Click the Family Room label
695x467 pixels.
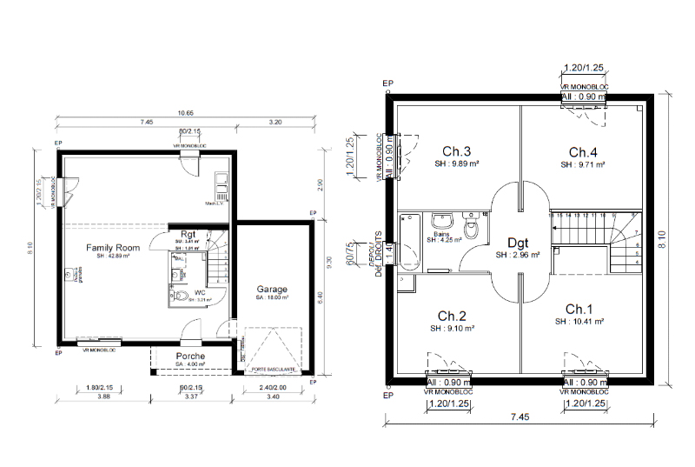point(112,248)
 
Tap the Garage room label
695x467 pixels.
point(272,289)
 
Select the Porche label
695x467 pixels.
point(190,356)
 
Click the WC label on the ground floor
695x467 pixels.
point(199,293)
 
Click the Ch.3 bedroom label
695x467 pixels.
point(456,150)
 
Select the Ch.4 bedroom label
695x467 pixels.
point(583,150)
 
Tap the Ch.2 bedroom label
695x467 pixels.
point(453,315)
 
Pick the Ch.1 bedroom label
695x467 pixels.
point(579,310)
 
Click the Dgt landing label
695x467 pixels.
point(518,244)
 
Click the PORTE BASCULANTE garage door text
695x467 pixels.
point(272,369)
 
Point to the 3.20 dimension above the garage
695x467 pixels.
point(275,123)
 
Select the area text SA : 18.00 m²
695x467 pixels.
point(272,298)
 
